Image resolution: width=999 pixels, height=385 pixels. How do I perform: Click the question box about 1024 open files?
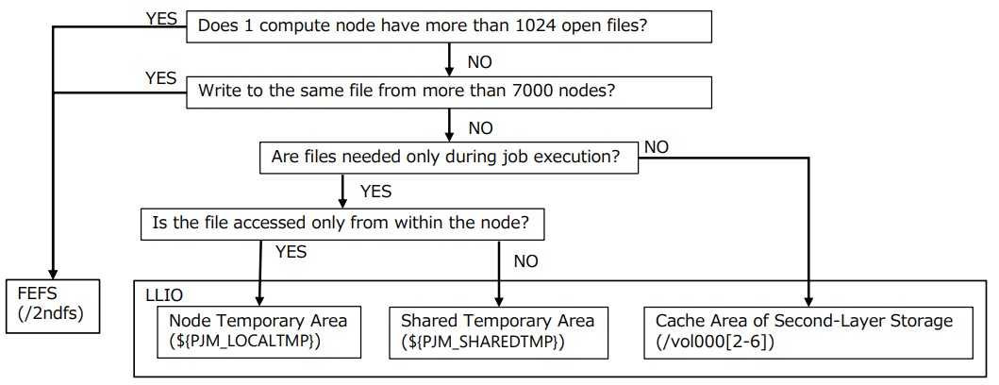click(449, 26)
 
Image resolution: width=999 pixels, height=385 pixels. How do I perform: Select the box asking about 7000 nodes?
click(449, 92)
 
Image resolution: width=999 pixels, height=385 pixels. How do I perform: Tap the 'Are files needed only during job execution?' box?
click(448, 158)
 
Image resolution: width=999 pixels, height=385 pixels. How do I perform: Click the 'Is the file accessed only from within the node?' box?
click(341, 224)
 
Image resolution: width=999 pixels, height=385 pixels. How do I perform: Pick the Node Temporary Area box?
click(258, 330)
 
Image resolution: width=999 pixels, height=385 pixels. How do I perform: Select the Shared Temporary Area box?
click(497, 330)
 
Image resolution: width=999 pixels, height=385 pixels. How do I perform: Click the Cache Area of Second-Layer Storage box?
click(808, 330)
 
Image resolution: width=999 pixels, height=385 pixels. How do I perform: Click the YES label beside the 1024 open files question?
click(161, 18)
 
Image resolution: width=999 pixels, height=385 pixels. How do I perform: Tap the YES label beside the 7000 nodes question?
click(161, 78)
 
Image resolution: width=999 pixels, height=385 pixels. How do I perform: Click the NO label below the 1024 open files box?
click(479, 61)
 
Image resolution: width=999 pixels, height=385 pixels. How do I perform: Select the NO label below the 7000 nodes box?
click(479, 127)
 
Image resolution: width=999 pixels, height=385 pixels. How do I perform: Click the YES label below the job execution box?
click(375, 192)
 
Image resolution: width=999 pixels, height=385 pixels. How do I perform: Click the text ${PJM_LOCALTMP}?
click(245, 341)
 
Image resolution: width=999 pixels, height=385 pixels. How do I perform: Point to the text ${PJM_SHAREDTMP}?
click(482, 341)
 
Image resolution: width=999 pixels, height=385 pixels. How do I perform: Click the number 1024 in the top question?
click(537, 26)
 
